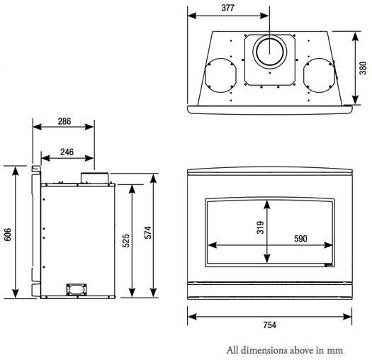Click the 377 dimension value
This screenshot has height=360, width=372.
227,9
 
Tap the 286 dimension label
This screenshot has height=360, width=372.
64,121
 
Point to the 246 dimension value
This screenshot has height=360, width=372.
67,151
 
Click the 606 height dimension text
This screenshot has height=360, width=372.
8,235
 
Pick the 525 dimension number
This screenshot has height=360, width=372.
125,240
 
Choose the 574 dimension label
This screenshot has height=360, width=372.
147,231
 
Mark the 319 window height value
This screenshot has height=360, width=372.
259,227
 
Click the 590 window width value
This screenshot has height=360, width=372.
300,239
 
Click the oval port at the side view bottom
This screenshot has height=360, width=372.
75,288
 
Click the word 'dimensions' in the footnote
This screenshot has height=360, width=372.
264,349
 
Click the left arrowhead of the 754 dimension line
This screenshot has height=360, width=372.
190,315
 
